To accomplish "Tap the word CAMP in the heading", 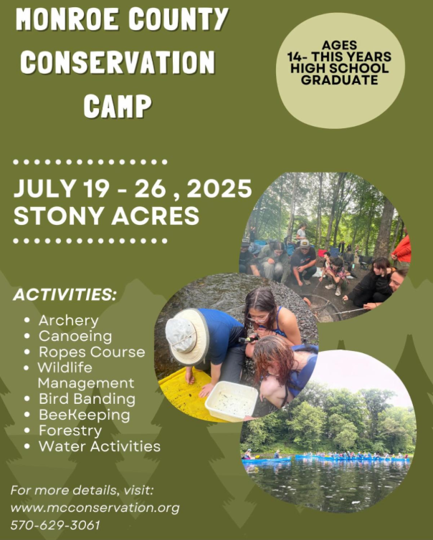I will pos(118,106).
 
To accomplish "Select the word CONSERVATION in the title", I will pos(118,62).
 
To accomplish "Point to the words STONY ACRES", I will pos(106,215).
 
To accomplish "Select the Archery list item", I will pos(68,320).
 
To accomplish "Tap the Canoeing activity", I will pos(75,336).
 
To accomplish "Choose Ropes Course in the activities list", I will pos(91,352).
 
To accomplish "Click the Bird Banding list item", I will pos(86,398).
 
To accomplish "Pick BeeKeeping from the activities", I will pos(84,415).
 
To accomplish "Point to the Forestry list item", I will pos(70,430).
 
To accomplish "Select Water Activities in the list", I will pos(99,446).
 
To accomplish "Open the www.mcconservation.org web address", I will pos(95,508).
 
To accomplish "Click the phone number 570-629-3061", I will pos(55,524).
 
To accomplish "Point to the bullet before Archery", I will pos(27,321).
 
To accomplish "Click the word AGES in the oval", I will pos(340,44).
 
